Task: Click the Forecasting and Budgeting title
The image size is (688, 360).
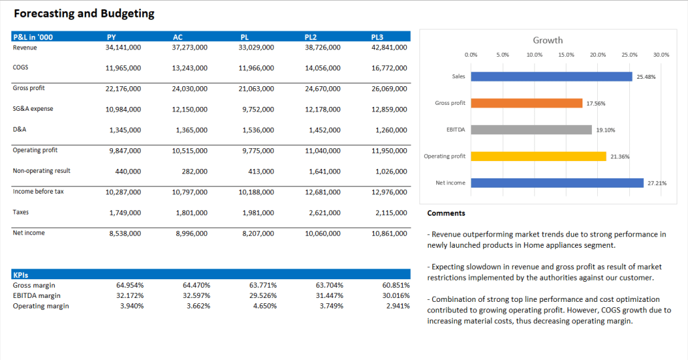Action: (x=84, y=13)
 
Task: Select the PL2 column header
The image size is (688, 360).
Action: (x=311, y=37)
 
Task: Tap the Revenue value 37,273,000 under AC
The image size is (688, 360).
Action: (x=190, y=47)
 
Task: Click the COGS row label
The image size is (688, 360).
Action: (x=20, y=67)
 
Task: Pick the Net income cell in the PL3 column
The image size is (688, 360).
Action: (x=389, y=234)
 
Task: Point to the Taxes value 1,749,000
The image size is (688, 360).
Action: (x=125, y=213)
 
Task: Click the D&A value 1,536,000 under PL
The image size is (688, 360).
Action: (x=258, y=130)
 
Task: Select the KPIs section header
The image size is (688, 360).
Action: (x=21, y=275)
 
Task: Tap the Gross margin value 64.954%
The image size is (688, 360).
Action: (x=130, y=285)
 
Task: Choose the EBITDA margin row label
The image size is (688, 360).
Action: (x=36, y=295)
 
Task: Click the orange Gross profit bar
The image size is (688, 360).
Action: (x=526, y=103)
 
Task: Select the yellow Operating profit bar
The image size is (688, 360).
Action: (x=538, y=156)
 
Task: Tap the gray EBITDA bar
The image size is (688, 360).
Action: (x=531, y=130)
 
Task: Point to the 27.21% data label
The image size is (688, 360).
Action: (x=657, y=183)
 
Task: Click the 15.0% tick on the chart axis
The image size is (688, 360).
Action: (x=566, y=55)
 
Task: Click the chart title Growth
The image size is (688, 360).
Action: (x=548, y=40)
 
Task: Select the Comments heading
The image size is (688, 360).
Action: (x=446, y=214)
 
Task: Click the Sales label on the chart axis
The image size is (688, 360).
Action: (x=458, y=77)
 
